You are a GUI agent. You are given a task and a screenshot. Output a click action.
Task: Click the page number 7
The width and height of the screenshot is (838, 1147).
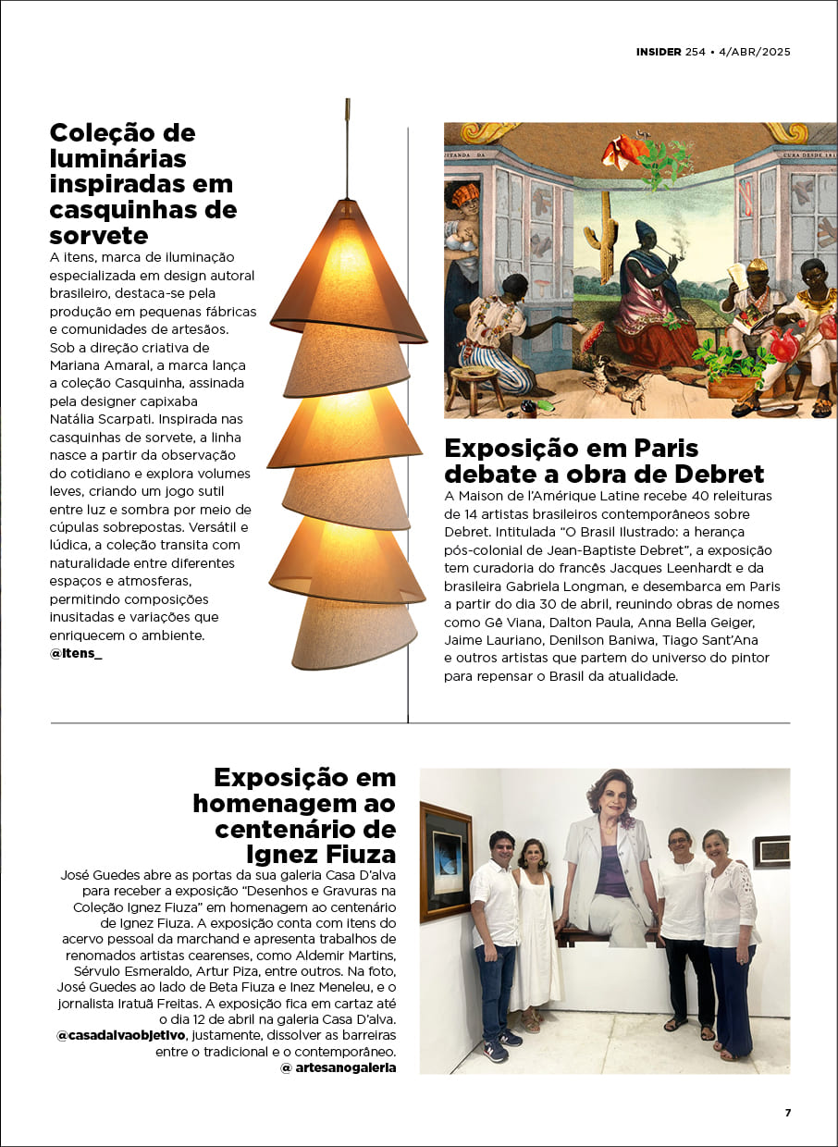[x=788, y=1113]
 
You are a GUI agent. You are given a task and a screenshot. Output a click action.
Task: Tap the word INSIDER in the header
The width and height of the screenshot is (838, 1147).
[x=659, y=52]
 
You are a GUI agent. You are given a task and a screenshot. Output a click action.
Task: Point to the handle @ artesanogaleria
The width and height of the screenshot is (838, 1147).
[x=338, y=1067]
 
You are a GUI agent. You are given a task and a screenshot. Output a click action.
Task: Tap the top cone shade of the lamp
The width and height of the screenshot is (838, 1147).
[x=351, y=268]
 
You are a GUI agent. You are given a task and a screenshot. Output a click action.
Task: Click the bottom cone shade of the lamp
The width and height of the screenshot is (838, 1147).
[x=339, y=633]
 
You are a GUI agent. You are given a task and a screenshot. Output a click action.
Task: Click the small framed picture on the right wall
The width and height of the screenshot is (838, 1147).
[x=771, y=851]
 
